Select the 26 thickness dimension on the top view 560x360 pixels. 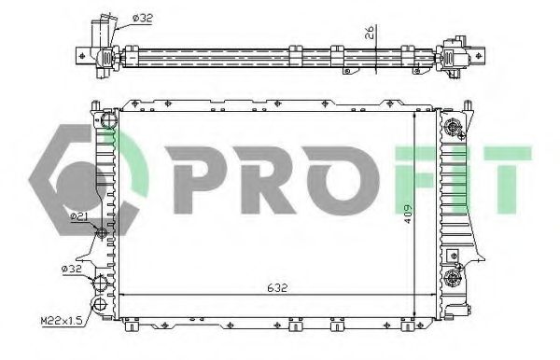tap(371, 36)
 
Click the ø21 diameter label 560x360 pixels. tap(79, 216)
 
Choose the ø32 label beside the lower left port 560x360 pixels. tap(72, 269)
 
